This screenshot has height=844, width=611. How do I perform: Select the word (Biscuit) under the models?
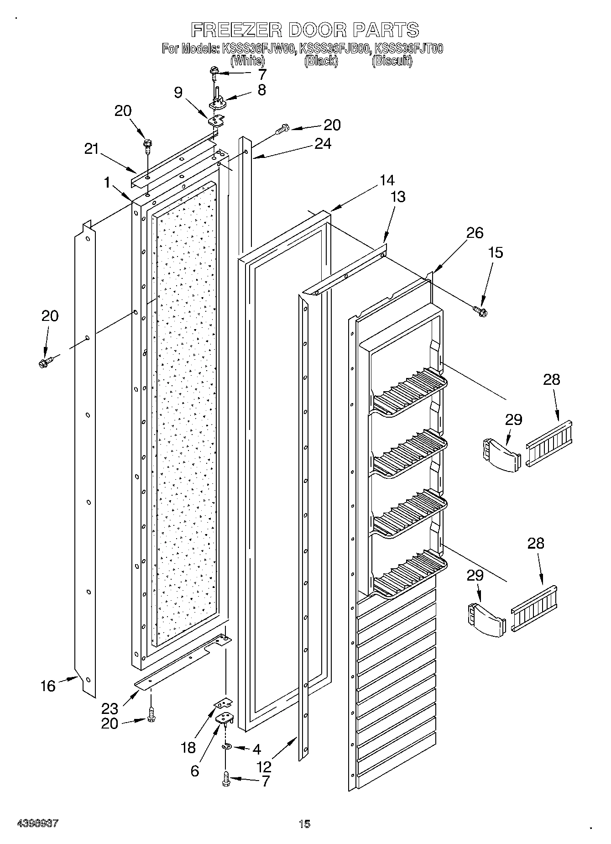click(392, 60)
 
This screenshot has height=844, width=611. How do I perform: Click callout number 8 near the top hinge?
click(261, 89)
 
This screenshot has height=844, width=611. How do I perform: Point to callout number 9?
click(178, 93)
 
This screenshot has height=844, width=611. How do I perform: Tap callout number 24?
click(323, 144)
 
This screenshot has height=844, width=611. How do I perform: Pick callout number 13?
click(398, 197)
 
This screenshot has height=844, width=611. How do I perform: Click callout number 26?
click(475, 233)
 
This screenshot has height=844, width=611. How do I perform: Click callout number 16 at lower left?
click(48, 686)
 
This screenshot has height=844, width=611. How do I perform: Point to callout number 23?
click(110, 708)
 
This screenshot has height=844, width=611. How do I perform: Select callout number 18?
click(188, 747)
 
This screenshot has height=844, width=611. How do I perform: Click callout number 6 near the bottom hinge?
click(195, 771)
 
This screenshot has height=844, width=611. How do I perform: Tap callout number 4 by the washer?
click(256, 749)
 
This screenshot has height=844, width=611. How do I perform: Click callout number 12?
click(265, 766)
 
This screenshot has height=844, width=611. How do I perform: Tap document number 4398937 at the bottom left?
click(38, 823)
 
